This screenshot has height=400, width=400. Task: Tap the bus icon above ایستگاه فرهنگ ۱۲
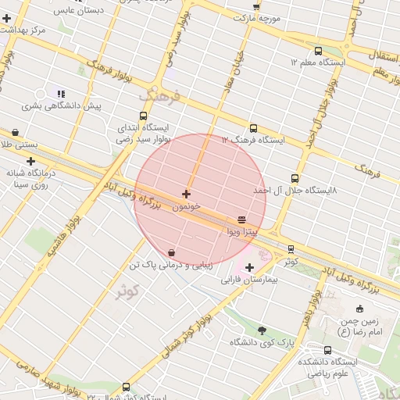pyautogui.click(x=253, y=128)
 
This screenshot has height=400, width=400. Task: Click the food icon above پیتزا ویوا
pyautogui.click(x=241, y=220)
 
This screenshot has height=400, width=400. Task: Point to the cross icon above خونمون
pyautogui.click(x=186, y=194)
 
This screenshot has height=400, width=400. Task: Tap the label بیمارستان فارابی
pyautogui.click(x=249, y=279)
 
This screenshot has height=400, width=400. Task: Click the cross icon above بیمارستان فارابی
pyautogui.click(x=249, y=267)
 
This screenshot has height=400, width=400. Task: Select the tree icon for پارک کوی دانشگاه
pyautogui.click(x=261, y=330)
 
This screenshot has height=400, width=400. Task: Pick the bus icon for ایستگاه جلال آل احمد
pyautogui.click(x=295, y=178)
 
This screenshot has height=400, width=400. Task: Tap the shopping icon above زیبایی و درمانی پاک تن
pyautogui.click(x=171, y=252)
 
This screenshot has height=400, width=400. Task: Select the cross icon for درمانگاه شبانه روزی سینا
pyautogui.click(x=30, y=161)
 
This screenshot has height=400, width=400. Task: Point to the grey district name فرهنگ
pyautogui.click(x=160, y=96)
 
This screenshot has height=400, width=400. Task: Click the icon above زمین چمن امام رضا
pyautogui.click(x=359, y=309)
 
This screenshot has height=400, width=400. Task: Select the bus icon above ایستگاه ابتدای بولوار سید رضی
pyautogui.click(x=142, y=115)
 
